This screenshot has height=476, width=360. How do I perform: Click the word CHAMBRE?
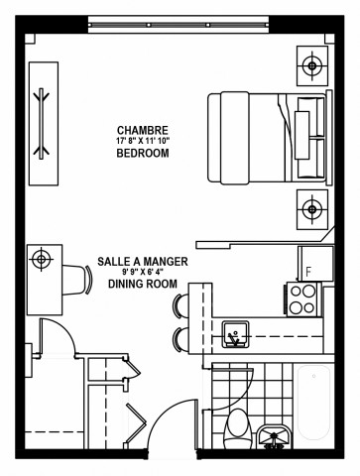click(x=142, y=130)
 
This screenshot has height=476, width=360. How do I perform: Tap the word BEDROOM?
click(x=142, y=154)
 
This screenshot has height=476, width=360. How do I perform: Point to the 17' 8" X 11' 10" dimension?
click(x=142, y=142)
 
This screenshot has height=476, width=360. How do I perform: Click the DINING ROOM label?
click(x=141, y=284)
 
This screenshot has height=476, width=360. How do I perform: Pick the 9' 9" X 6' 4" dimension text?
click(x=141, y=272)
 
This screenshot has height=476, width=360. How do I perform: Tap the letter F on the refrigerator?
click(x=308, y=270)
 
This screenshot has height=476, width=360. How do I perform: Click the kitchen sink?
click(x=236, y=335)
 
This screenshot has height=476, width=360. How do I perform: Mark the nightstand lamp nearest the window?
click(x=312, y=66)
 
